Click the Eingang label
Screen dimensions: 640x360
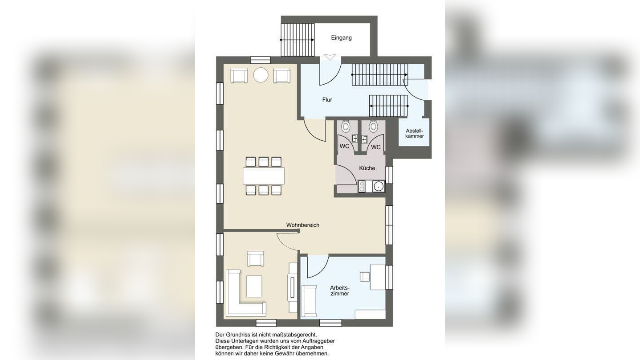click(341, 38)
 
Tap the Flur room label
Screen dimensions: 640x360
click(327, 100)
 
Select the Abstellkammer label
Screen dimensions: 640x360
click(414, 133)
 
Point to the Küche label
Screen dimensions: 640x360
click(367, 168)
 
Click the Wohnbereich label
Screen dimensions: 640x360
click(303, 225)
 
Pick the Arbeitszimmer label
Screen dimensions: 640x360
click(340, 290)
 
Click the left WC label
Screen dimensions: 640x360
click(344, 146)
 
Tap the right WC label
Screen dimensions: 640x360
click(376, 147)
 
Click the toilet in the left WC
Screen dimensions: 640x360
click(346, 126)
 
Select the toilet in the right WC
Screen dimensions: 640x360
click(373, 126)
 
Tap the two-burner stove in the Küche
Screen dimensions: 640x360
click(362, 186)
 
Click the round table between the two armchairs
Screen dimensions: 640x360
click(261, 75)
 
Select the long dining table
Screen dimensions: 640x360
click(264, 176)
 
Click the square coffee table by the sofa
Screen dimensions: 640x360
click(254, 286)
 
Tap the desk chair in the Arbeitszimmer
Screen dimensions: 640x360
click(364, 277)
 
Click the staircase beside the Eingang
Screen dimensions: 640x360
click(298, 40)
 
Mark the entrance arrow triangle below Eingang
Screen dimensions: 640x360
click(330, 57)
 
